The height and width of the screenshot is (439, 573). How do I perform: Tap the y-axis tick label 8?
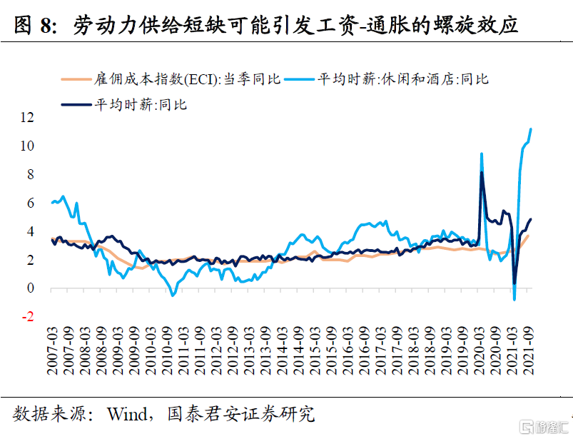[x=29, y=174]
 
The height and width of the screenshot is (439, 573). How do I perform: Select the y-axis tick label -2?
[x=27, y=317]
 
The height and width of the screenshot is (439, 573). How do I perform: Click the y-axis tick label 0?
[x=29, y=288]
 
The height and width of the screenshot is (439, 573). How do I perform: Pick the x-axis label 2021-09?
[x=529, y=353]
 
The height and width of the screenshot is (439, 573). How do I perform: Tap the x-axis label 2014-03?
[x=283, y=353]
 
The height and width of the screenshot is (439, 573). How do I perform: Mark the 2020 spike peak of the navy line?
[x=482, y=173]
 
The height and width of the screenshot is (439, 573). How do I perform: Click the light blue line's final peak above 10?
[x=530, y=129]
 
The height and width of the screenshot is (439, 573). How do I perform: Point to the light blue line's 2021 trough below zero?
[x=514, y=299]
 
